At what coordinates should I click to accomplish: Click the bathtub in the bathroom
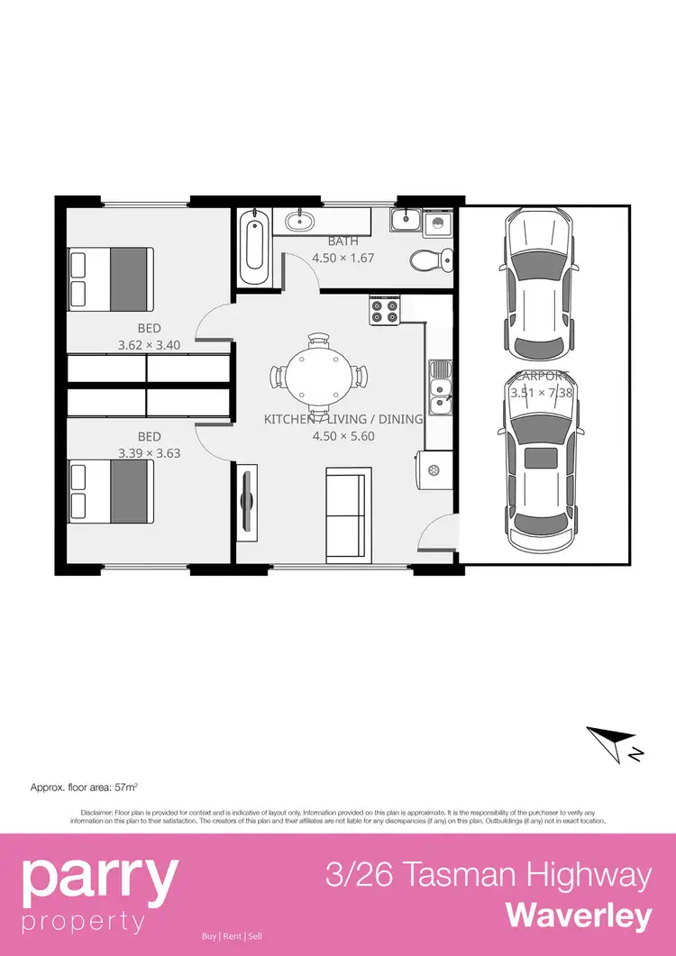(x=255, y=247)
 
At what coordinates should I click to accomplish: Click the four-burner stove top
(x=385, y=311)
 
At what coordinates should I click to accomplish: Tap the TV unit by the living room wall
(x=248, y=503)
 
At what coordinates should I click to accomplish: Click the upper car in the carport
(x=539, y=282)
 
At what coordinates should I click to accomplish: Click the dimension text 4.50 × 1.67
(x=343, y=258)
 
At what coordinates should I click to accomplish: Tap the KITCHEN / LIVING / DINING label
(x=343, y=419)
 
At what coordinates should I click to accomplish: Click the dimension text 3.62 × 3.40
(x=149, y=344)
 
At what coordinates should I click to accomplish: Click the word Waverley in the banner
(x=579, y=915)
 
